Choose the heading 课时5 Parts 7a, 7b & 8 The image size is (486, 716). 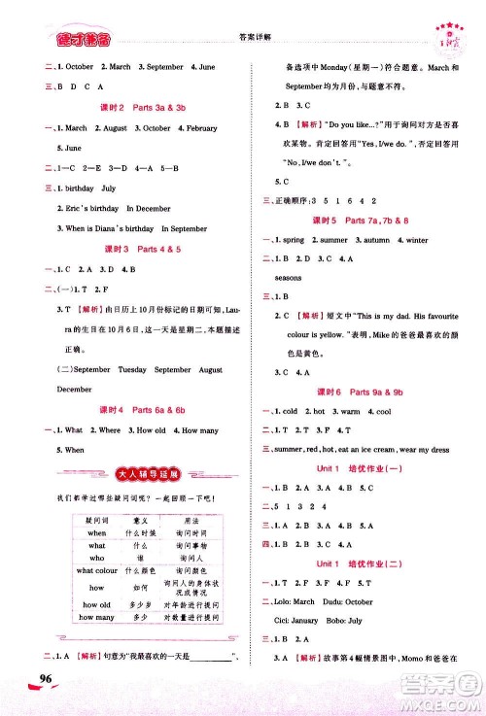pos(362,220)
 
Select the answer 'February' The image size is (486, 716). pos(202,128)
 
